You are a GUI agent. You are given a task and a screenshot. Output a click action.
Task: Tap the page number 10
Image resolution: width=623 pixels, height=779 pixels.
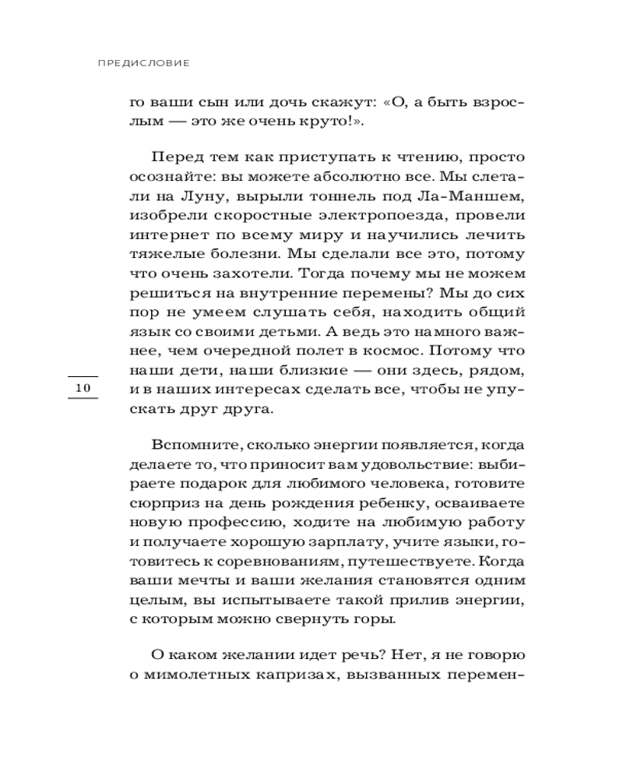tap(83, 387)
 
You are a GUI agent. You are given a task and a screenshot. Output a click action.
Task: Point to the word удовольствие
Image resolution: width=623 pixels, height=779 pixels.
tap(413, 464)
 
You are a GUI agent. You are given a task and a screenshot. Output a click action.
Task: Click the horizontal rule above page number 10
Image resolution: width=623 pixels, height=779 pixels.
tap(83, 377)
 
